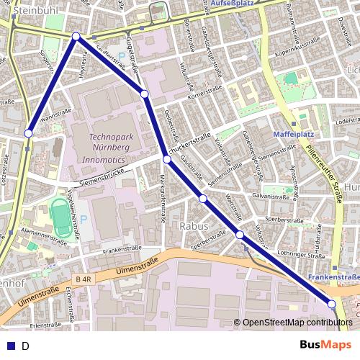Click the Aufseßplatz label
[x=235, y=4]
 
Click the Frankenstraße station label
[x=333, y=277]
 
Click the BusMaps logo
[x=325, y=345]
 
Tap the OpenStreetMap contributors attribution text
[x=297, y=323]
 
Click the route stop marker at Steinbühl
[x=76, y=35]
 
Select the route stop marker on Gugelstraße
[x=144, y=94]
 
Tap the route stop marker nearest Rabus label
[x=203, y=198]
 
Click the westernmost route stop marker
[x=29, y=132]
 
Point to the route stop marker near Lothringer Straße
[x=240, y=235]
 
